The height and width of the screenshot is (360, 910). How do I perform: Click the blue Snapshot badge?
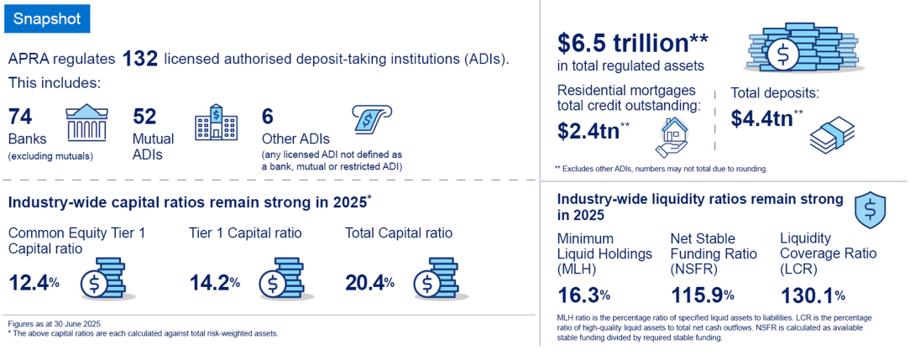(47, 19)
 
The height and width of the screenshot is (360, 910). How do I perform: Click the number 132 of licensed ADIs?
(140, 60)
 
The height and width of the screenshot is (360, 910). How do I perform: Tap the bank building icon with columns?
(86, 123)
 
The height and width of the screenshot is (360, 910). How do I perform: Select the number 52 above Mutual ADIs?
(144, 117)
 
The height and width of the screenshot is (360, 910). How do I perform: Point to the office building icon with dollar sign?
(216, 122)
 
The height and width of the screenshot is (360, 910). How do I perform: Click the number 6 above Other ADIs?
(268, 117)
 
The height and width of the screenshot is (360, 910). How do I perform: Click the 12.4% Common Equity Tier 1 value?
(34, 283)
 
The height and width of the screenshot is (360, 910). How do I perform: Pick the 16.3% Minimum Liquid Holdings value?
(583, 295)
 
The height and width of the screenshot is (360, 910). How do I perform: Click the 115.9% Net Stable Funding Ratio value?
(703, 295)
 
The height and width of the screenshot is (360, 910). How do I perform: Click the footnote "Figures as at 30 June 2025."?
(46, 324)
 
